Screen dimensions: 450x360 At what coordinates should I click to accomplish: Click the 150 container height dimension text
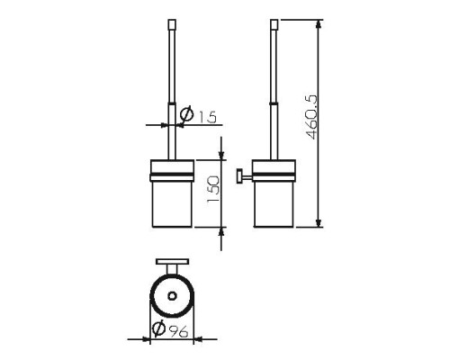pos(214,189)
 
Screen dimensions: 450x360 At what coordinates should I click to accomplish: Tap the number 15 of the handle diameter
pos(208,117)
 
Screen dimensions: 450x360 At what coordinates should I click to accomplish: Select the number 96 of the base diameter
pos(178,331)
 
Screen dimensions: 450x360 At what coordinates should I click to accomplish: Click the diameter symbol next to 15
pos(186,114)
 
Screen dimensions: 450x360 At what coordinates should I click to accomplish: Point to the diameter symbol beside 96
pos(158,328)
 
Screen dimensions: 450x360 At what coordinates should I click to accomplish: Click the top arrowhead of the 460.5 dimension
pos(319,24)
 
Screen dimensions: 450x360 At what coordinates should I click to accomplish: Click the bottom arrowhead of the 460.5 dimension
pos(319,222)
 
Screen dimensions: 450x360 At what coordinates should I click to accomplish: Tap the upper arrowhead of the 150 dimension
pos(221,155)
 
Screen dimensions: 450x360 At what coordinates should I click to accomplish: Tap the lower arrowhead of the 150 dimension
pos(221,232)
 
